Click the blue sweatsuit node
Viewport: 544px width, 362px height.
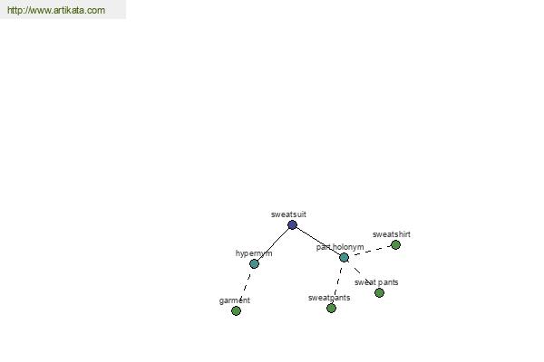(292, 224)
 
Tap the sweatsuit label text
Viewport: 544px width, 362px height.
(288, 214)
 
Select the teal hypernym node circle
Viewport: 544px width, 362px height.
(254, 264)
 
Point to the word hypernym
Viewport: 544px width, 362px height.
(254, 253)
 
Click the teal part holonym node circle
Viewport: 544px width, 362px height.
(344, 257)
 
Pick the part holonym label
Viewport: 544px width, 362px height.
(340, 247)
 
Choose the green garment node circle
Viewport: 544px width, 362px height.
(236, 310)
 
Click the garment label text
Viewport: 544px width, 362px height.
(235, 300)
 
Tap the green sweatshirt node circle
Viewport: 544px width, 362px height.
(395, 245)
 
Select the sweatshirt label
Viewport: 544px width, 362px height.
(392, 234)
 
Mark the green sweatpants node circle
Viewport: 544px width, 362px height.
(331, 308)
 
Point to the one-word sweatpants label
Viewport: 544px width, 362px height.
(329, 298)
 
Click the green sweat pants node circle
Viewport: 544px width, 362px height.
(379, 292)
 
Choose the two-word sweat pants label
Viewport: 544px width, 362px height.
(376, 282)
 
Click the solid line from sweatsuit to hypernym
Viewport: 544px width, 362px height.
(274, 244)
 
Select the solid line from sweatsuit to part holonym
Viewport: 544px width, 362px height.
(318, 241)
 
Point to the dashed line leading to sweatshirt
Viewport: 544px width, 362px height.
(372, 251)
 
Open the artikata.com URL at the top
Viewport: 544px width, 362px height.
(56, 10)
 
